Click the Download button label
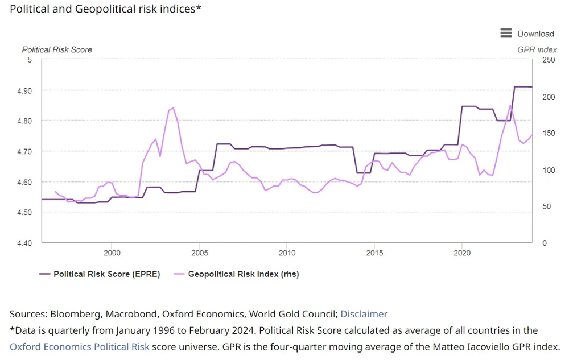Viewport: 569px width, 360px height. pyautogui.click(x=535, y=34)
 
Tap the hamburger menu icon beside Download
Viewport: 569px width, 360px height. pyautogui.click(x=506, y=33)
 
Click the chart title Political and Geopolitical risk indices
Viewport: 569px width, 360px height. pyautogui.click(x=106, y=10)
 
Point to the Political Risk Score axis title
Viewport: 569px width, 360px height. pyautogui.click(x=57, y=49)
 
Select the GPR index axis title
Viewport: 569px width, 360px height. pyautogui.click(x=537, y=49)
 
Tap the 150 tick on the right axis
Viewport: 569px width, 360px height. pyautogui.click(x=547, y=133)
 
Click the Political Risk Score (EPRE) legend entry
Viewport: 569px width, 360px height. pyautogui.click(x=106, y=274)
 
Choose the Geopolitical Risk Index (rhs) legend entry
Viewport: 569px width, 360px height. pyautogui.click(x=243, y=274)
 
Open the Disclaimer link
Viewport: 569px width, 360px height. pyautogui.click(x=364, y=314)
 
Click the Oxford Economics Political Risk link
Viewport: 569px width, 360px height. pyautogui.click(x=80, y=347)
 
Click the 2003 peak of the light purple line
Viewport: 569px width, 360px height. pyautogui.click(x=173, y=108)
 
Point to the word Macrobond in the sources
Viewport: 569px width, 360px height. pyautogui.click(x=125, y=314)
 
